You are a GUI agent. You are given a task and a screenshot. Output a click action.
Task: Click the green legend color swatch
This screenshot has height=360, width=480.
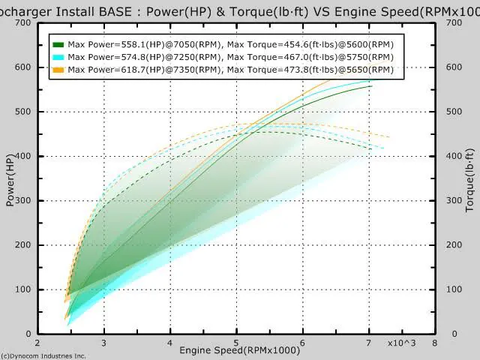coord(58,45)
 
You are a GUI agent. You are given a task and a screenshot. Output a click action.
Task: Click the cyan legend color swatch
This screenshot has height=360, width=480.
coord(58,57)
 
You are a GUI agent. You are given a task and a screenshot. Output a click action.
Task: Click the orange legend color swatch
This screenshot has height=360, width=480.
coord(58,69)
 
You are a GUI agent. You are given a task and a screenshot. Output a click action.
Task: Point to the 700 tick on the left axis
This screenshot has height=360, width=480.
coord(25,22)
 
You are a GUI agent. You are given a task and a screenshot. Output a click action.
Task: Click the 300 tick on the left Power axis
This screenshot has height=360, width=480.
coord(25,201)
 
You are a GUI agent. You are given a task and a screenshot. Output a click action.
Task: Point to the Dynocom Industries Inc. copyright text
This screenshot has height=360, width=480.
coord(43,356)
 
